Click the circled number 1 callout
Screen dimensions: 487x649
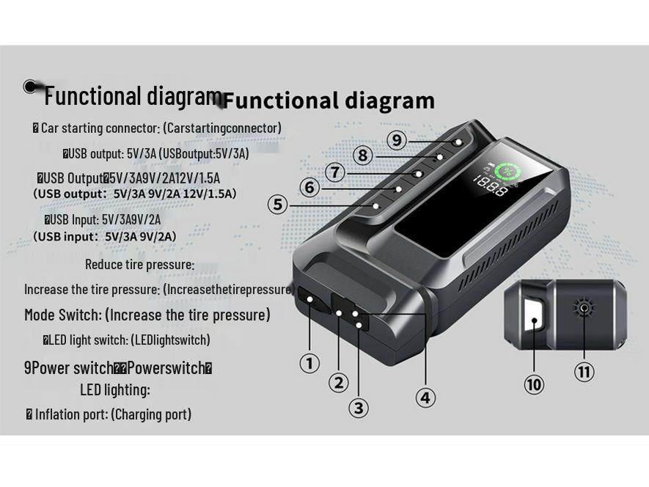[309, 362]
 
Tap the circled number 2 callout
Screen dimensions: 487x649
[338, 382]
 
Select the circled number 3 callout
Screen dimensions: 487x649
[358, 408]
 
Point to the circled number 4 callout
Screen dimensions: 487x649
[425, 398]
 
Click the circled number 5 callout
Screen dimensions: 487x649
[277, 205]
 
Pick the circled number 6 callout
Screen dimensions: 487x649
[309, 188]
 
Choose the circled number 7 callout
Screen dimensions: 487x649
[335, 172]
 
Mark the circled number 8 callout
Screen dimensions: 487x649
[362, 155]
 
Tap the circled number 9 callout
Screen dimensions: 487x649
[395, 139]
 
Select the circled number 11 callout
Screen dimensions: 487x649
[584, 372]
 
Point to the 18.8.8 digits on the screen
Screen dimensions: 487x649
[489, 188]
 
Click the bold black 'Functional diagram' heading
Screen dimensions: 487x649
[329, 100]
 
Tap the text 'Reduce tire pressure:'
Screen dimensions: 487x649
[139, 264]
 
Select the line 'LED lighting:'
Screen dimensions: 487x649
[114, 389]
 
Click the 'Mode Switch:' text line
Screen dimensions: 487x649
[147, 315]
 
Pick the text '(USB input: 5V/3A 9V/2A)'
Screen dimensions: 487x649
[105, 236]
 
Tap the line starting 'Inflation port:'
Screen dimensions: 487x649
[109, 414]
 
